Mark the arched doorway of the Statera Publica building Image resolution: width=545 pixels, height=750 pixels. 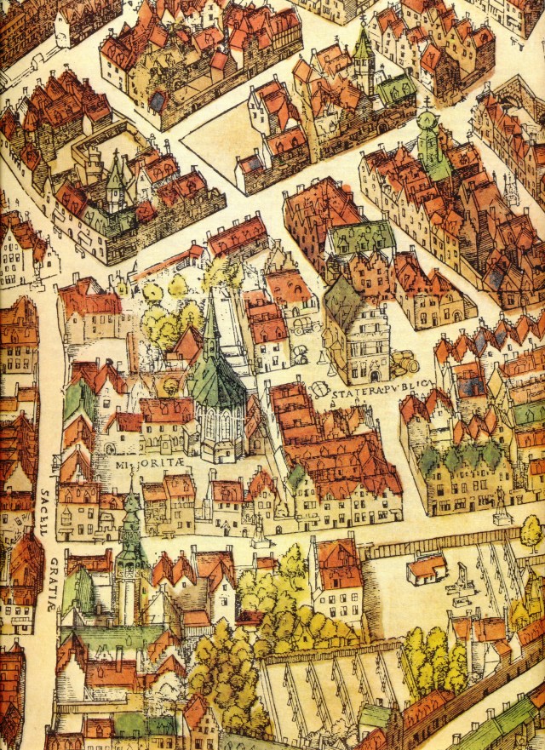click(372, 375)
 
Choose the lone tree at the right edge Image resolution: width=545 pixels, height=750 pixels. click(531, 533)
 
